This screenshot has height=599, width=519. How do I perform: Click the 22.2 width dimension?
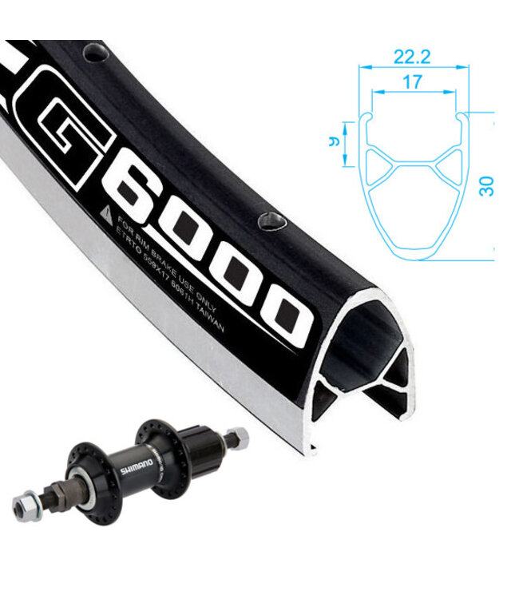point(411,57)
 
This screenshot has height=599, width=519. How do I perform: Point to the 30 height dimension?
point(486,185)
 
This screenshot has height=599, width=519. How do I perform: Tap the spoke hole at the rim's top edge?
point(97,54)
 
